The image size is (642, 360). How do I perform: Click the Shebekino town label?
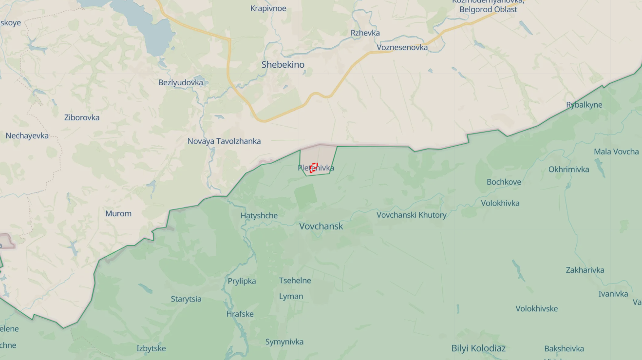coord(283,64)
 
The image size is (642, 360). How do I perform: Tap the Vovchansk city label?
coord(321,226)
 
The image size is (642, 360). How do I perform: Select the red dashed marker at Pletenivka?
coord(314,168)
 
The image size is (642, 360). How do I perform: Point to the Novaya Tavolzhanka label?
coord(224,141)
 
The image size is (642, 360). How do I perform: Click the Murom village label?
coord(118,213)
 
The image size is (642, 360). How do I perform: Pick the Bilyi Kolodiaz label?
coord(478,348)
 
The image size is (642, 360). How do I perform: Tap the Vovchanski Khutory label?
coord(411,215)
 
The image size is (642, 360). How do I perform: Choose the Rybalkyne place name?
coord(584,105)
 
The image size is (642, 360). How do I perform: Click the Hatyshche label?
coord(259,215)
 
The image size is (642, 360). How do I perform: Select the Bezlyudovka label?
coord(181,82)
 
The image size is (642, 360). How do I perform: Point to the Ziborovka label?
coord(82,117)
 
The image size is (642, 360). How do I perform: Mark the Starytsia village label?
coord(186,299)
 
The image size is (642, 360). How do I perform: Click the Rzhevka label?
coord(365,33)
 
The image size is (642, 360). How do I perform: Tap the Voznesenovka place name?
coord(402,47)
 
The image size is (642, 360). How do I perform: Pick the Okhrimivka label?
coord(568,170)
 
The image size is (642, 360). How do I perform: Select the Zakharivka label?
coord(585,270)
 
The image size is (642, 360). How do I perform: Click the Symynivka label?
coord(284,342)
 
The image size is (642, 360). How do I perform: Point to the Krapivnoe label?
coord(268,8)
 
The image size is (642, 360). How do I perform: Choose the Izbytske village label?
coord(151,348)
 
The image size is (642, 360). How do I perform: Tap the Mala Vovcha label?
coord(616,152)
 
